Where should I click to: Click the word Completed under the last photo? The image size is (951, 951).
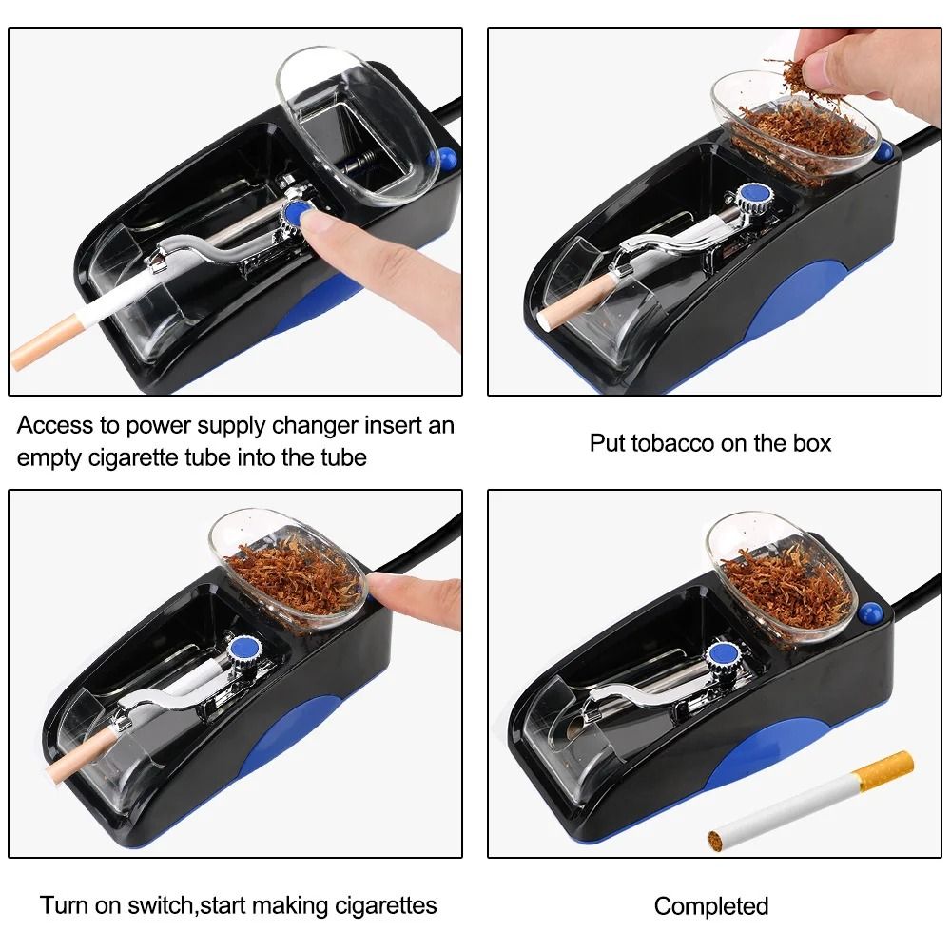pos(711,906)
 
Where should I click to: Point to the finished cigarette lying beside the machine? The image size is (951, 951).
pos(808,801)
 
